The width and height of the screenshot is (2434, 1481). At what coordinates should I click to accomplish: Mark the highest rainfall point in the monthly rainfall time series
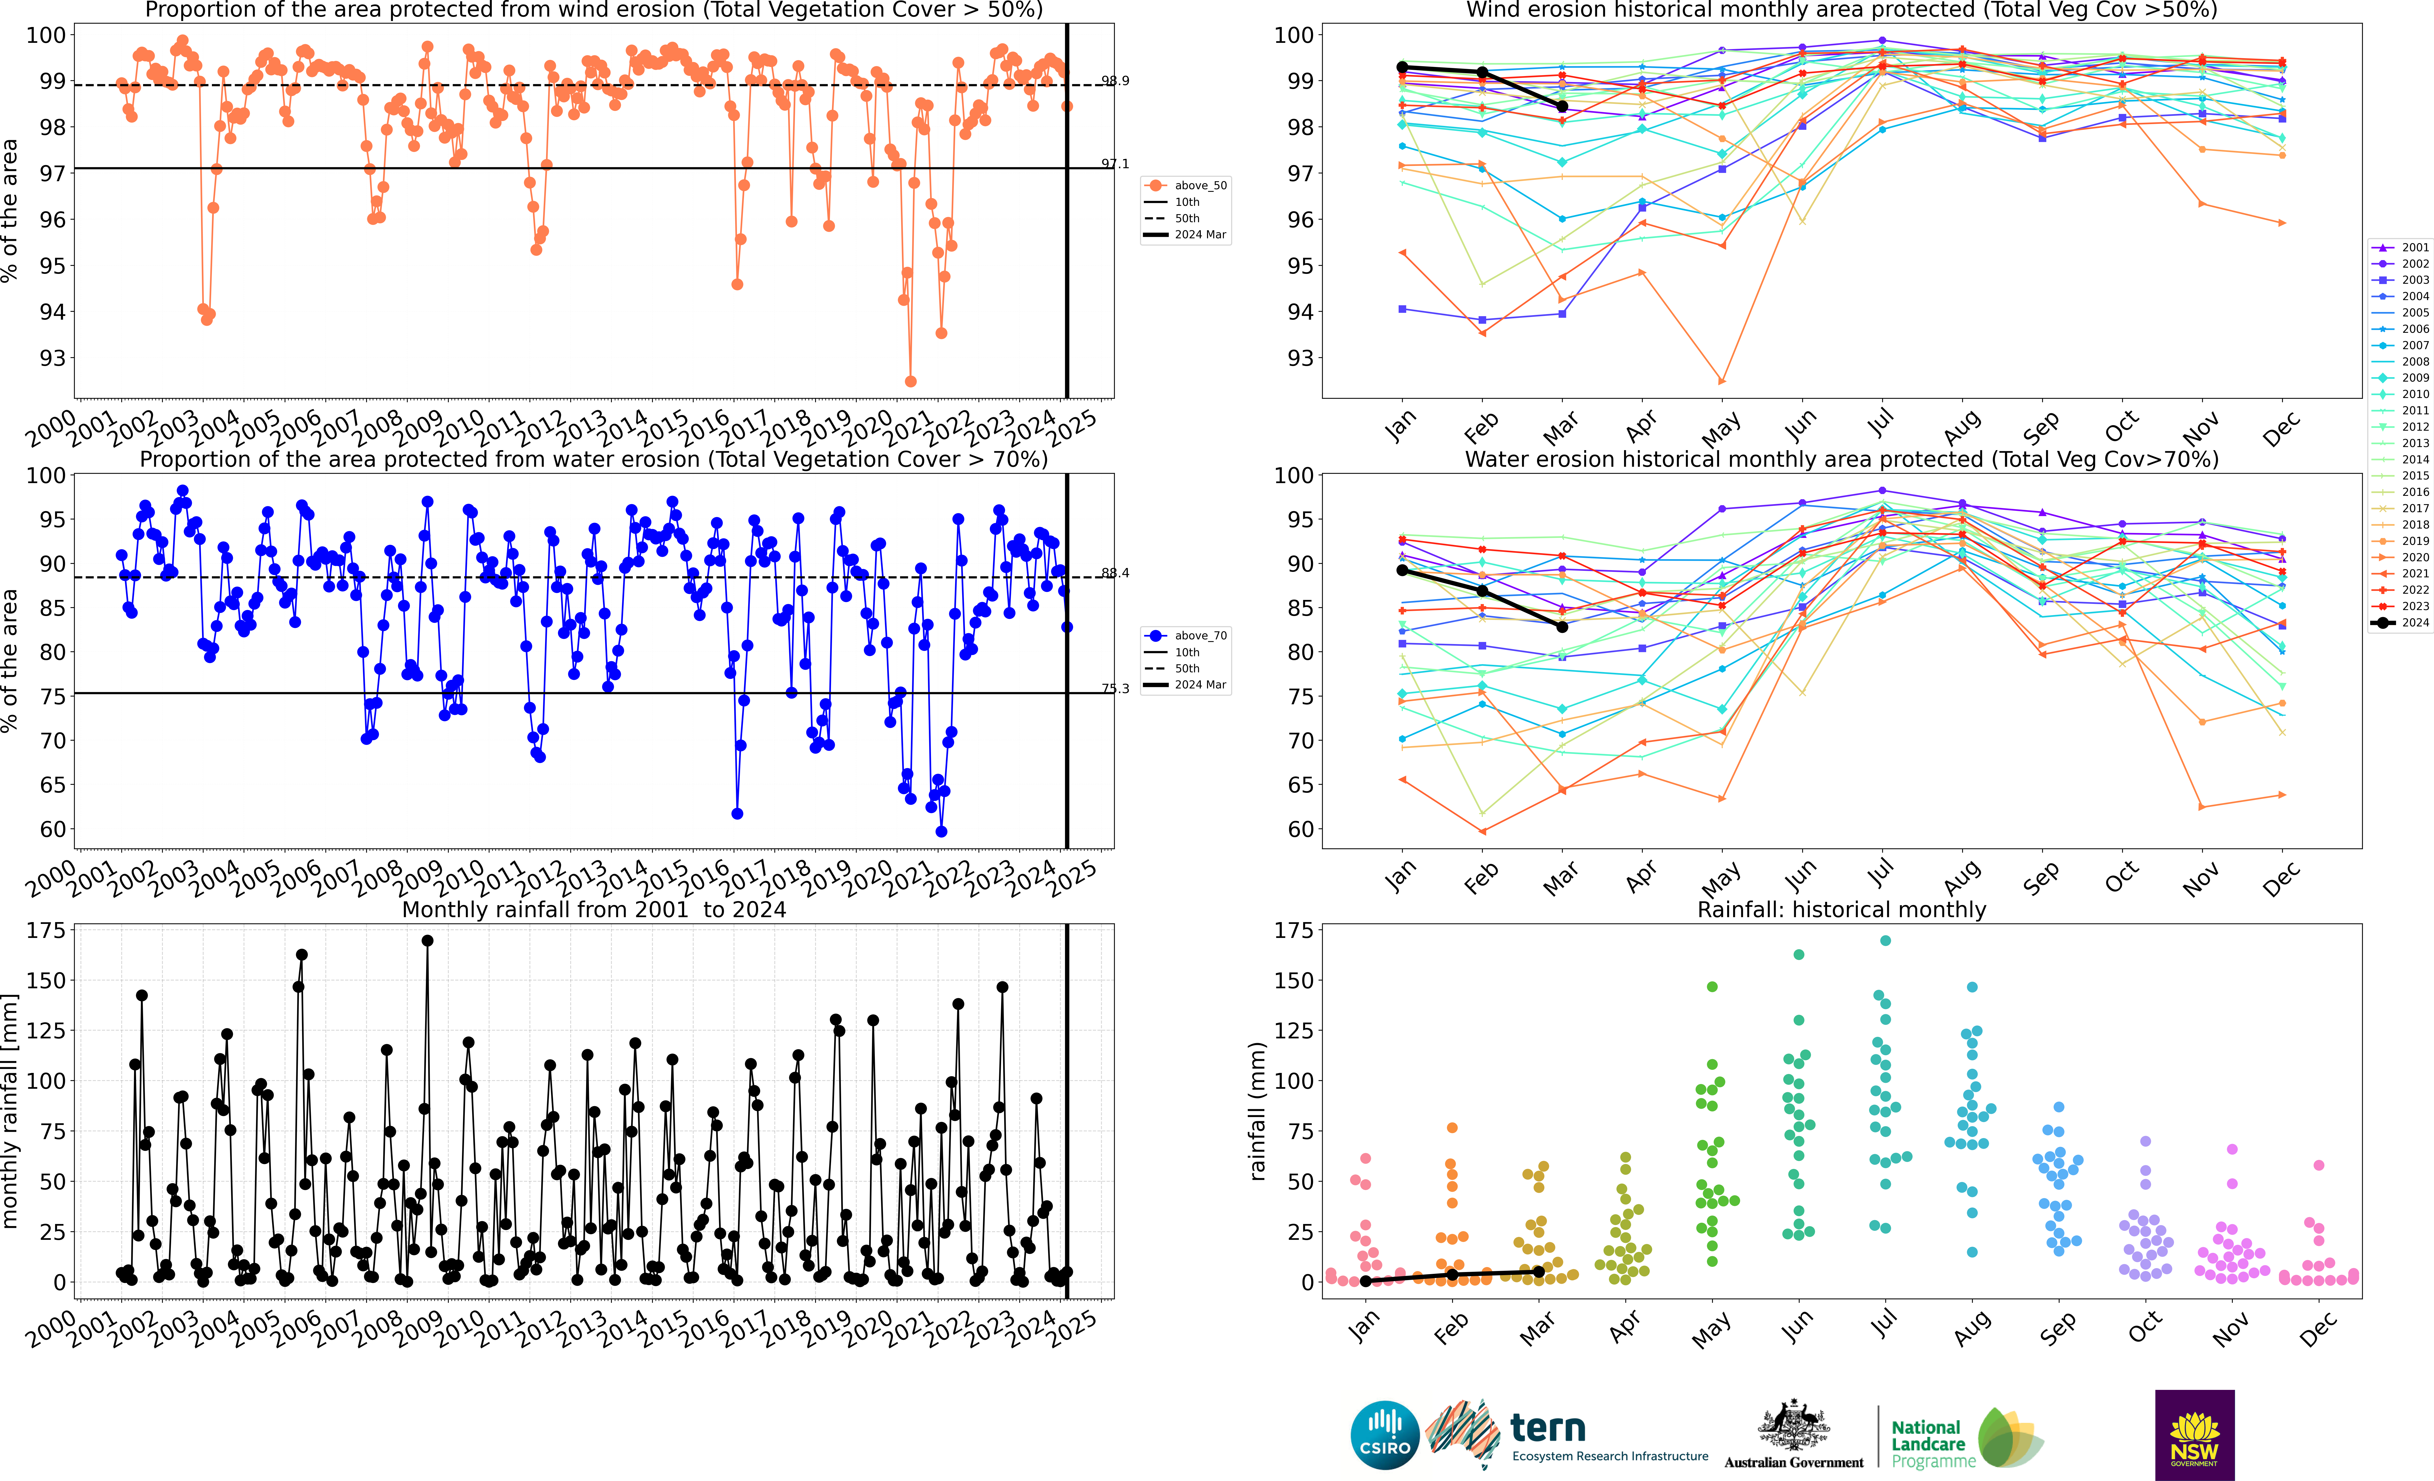point(427,941)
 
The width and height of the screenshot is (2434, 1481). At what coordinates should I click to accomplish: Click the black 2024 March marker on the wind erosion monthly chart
point(1562,107)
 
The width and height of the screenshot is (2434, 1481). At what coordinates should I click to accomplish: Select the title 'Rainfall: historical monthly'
point(1841,909)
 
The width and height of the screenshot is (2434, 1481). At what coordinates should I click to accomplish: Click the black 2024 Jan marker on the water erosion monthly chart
point(1402,571)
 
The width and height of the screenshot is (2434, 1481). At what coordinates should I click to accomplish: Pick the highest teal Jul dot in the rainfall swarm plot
point(1885,941)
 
